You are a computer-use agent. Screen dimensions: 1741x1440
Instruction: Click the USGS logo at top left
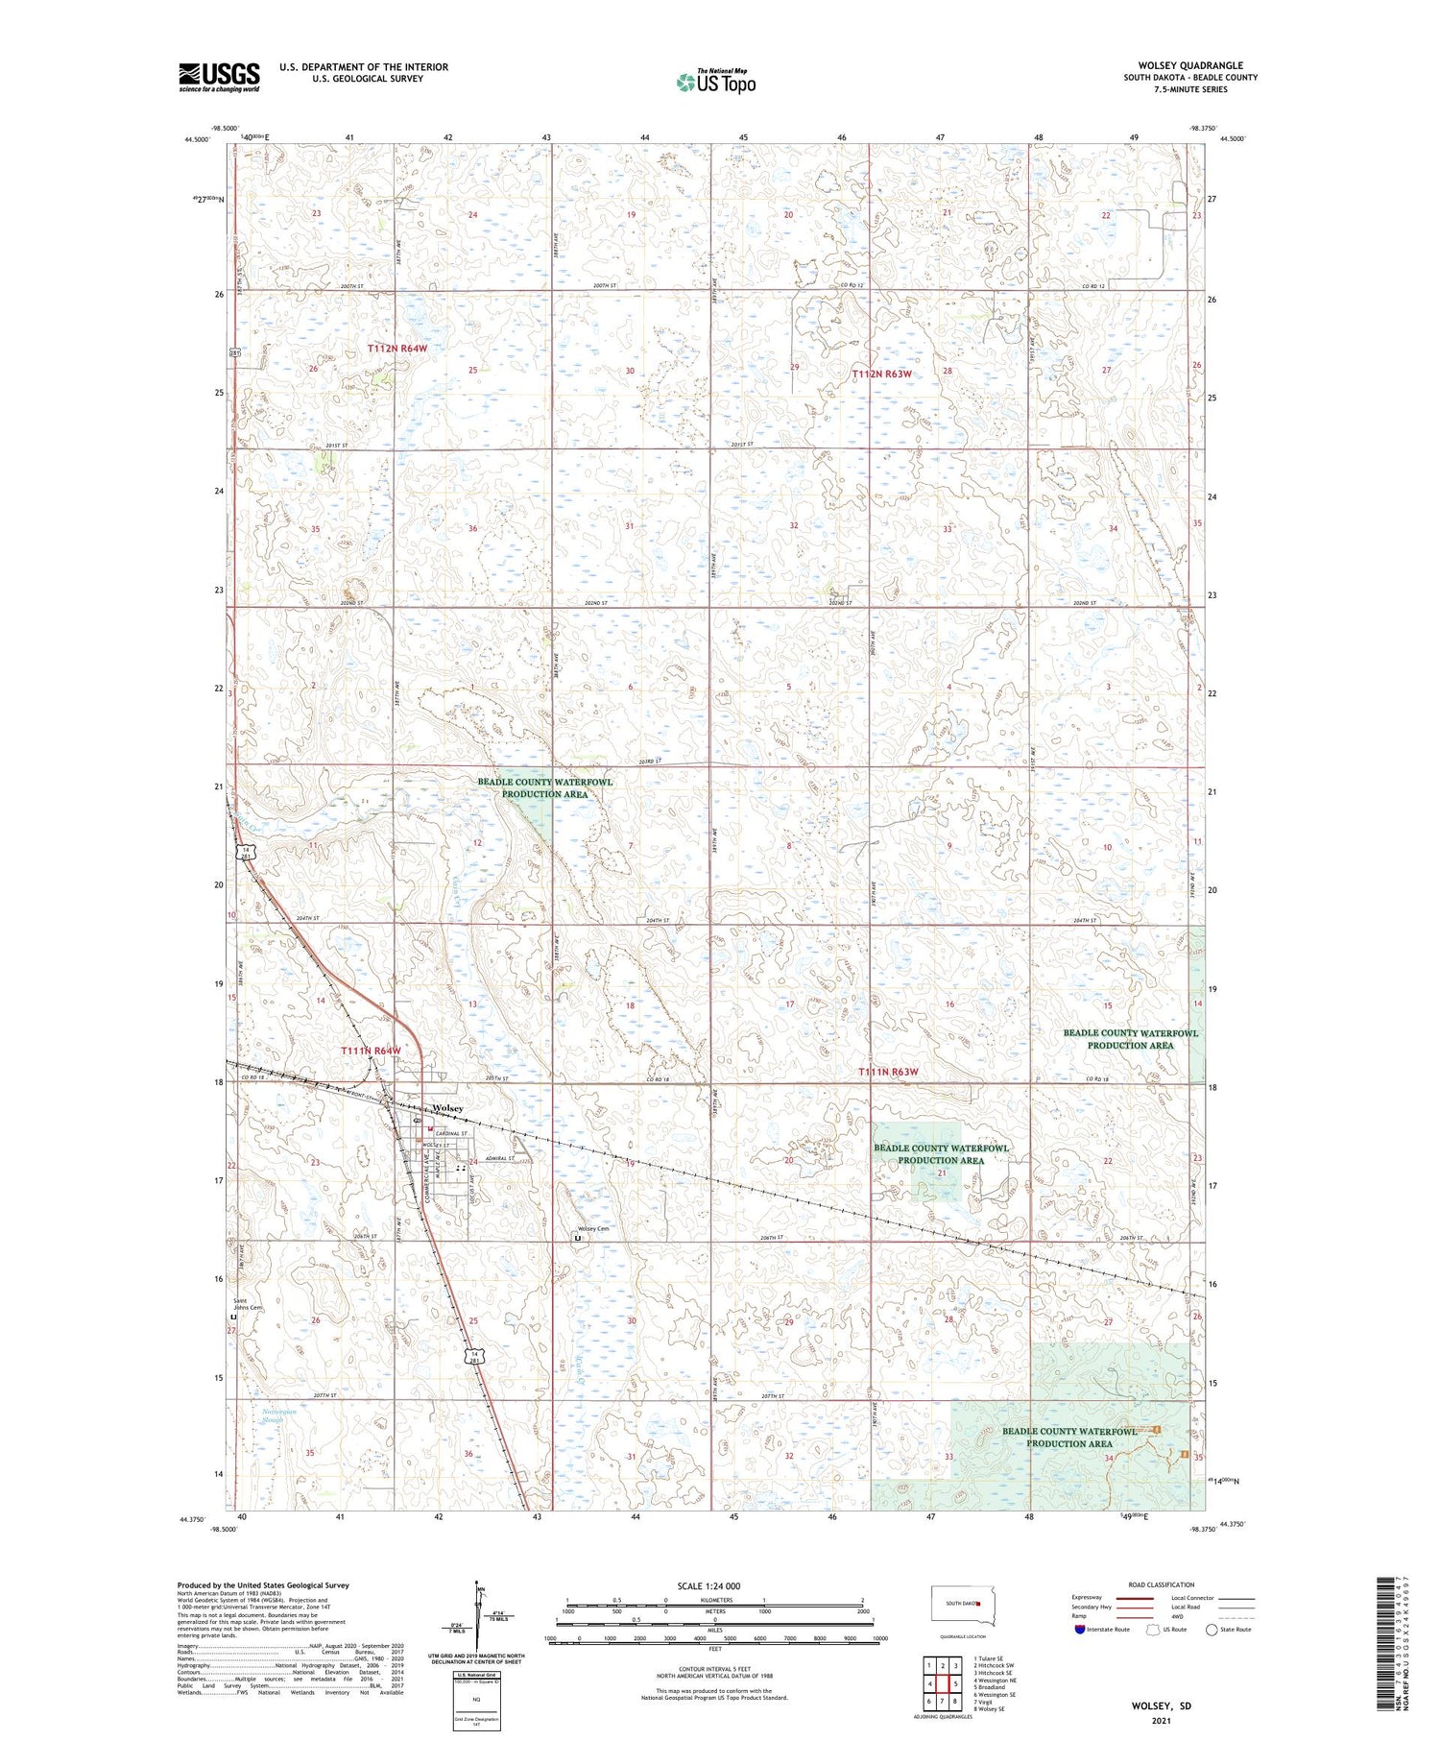coord(219,77)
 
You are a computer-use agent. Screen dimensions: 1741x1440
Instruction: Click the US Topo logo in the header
coord(715,83)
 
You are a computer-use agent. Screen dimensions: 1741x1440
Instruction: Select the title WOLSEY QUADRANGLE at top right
coord(1189,65)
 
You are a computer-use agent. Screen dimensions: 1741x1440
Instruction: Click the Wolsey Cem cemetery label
coord(592,1229)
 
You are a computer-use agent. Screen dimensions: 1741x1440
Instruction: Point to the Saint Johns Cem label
coord(249,1305)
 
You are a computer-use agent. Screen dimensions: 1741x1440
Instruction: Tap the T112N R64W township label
coord(396,348)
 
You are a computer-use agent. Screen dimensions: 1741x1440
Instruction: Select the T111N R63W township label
coord(888,1071)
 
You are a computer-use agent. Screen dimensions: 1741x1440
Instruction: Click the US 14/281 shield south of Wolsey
coord(473,1357)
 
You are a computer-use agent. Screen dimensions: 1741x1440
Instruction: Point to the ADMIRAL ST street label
coord(498,1159)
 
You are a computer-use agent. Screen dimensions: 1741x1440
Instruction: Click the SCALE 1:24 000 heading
coord(714,1585)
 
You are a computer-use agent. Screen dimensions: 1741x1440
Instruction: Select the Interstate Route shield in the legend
coord(1078,1630)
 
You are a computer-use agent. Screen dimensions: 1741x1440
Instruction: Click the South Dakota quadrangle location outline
coord(964,1606)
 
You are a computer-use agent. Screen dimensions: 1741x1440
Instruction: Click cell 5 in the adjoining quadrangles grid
coord(955,1683)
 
